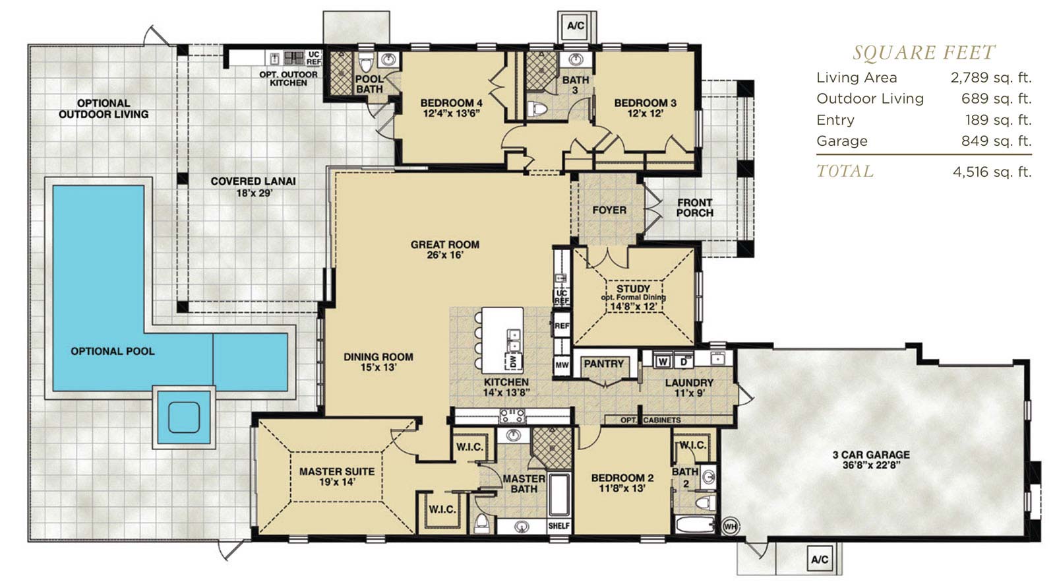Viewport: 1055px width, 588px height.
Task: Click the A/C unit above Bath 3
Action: tap(576, 26)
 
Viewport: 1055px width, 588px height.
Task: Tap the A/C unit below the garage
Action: tap(820, 559)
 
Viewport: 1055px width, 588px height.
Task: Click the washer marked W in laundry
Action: tap(663, 362)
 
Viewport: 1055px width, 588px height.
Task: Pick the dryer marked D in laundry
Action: tap(684, 362)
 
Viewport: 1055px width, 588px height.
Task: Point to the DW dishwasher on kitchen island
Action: tap(514, 361)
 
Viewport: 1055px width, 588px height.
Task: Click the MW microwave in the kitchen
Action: tap(562, 364)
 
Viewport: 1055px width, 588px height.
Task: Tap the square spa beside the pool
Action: tap(184, 417)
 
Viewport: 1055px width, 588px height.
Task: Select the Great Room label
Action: tap(445, 244)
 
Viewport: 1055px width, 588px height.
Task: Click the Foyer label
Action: tap(609, 210)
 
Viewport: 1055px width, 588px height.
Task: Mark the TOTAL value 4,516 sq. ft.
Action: tap(992, 172)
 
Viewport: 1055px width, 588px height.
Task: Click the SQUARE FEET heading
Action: tap(924, 52)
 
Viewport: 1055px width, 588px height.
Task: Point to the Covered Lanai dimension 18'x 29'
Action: tap(255, 193)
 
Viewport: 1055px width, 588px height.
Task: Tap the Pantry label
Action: tap(603, 364)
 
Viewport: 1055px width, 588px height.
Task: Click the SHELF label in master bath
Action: tap(559, 525)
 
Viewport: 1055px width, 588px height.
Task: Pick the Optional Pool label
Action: tap(113, 351)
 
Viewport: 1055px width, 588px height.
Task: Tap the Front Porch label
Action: tap(695, 207)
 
